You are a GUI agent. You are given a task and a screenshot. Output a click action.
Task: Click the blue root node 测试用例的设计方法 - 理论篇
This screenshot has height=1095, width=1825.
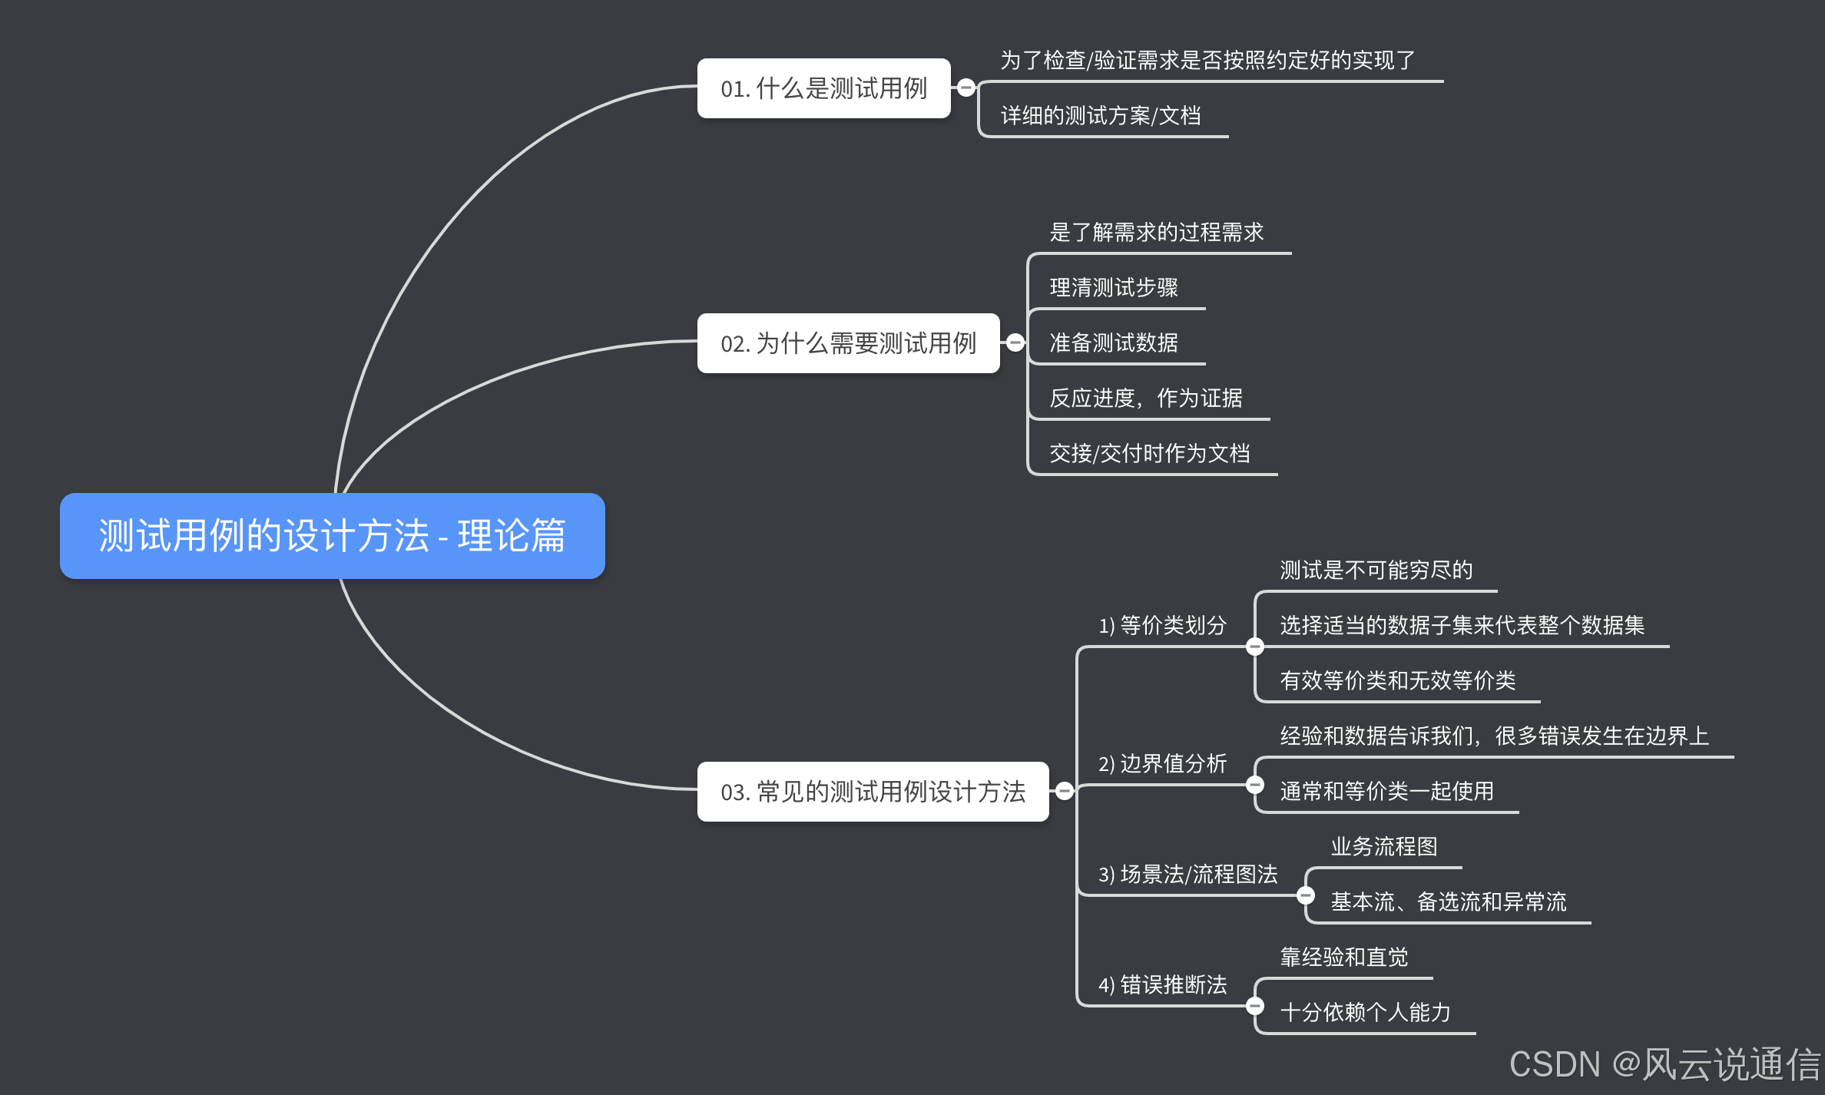332,535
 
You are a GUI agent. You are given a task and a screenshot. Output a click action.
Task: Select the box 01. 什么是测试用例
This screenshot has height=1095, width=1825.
823,88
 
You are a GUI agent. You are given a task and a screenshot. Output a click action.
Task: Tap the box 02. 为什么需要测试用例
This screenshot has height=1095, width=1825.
847,343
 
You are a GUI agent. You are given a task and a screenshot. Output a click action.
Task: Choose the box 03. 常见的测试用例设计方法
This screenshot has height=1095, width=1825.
872,792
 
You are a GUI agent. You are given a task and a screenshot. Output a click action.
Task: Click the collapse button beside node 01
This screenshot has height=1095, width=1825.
966,88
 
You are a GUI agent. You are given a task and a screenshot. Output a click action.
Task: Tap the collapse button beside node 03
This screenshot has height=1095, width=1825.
1065,791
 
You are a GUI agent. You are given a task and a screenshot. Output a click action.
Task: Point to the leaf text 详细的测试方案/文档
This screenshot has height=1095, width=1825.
1100,116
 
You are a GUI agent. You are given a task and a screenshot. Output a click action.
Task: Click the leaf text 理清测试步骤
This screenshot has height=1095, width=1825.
1113,288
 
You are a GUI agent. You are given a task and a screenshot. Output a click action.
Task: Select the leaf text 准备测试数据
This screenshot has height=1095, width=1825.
1113,343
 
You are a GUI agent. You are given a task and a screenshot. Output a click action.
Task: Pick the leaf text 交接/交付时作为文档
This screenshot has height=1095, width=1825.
1149,454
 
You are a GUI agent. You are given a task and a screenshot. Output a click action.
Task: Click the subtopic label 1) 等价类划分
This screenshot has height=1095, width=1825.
1162,626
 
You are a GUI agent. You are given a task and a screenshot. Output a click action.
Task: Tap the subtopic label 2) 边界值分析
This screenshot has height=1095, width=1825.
1162,764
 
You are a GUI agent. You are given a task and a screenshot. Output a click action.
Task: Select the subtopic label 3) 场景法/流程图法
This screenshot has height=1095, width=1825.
1187,875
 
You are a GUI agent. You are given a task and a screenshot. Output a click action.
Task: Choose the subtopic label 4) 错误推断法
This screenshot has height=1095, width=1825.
1162,985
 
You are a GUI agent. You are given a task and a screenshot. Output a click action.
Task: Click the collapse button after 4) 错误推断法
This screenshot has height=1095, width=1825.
1255,1006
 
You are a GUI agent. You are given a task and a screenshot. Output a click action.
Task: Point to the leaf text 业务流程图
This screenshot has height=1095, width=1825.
1383,847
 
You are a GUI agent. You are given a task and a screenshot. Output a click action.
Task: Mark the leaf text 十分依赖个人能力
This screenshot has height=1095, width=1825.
1365,1013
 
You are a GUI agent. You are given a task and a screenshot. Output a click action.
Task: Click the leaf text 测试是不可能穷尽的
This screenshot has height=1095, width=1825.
1376,571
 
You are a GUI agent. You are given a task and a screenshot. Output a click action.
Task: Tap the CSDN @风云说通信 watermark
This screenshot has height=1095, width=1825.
1664,1065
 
